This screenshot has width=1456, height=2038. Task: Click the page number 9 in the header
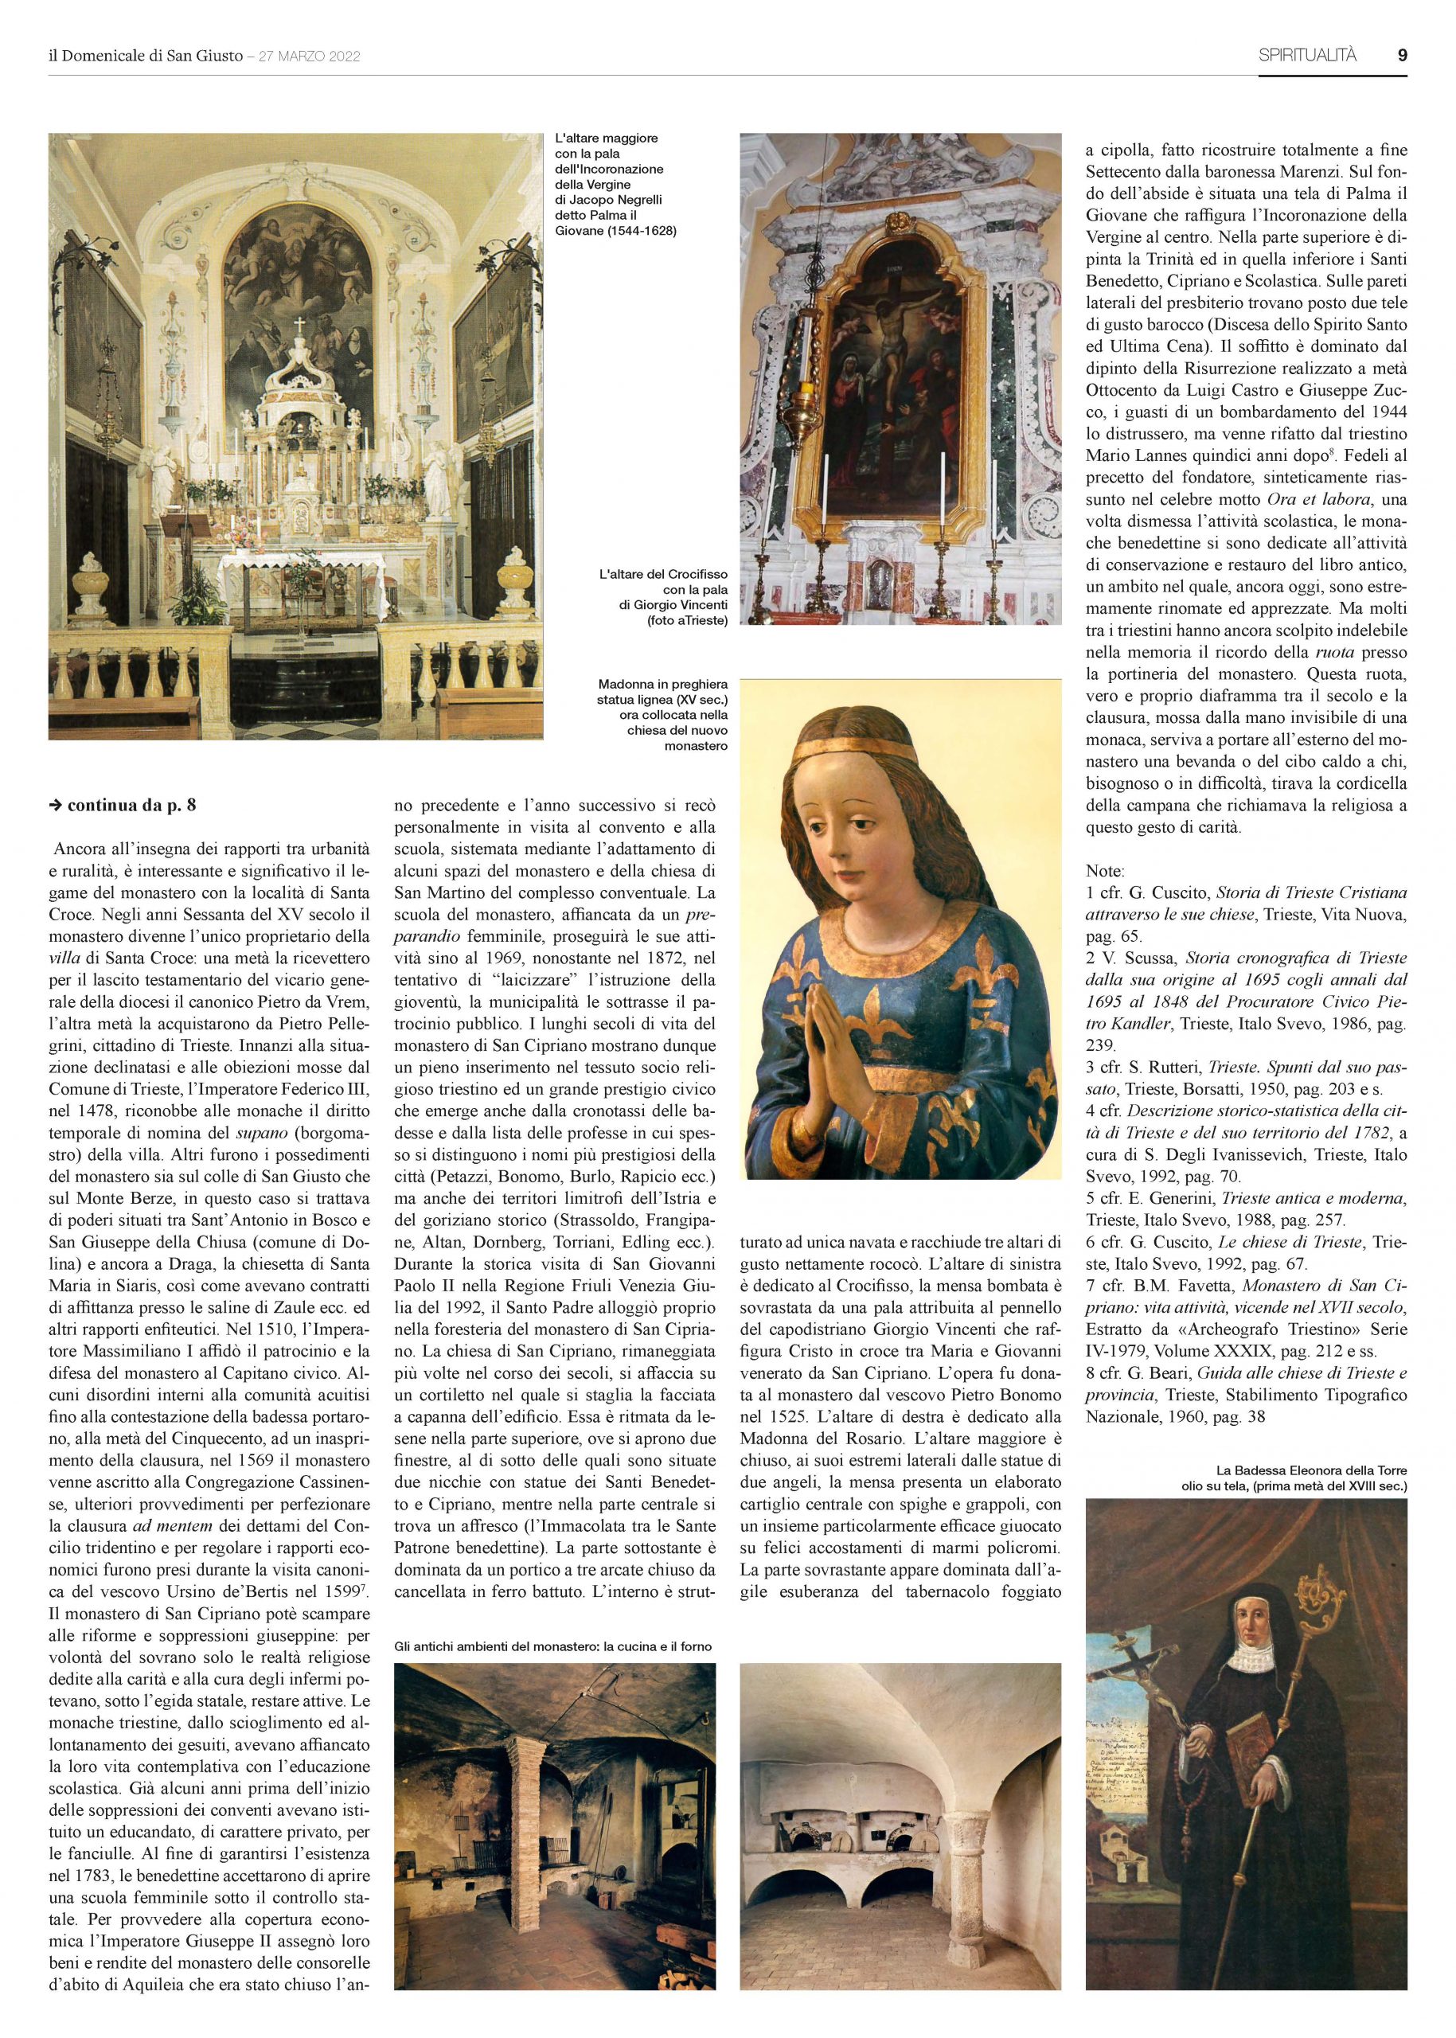[x=1401, y=55]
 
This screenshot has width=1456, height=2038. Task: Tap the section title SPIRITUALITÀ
[x=1308, y=56]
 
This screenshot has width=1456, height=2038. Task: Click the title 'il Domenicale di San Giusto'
[x=145, y=56]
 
